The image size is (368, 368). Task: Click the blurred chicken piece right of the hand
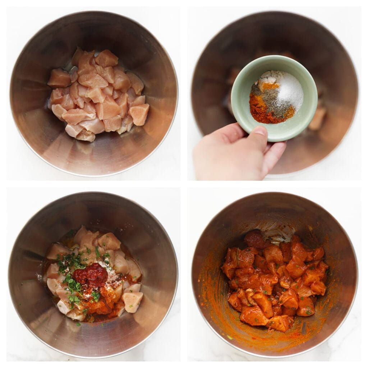tap(318, 119)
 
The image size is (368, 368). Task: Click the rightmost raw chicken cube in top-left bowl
tap(139, 114)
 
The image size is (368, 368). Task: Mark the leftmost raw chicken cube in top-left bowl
tap(59, 78)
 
